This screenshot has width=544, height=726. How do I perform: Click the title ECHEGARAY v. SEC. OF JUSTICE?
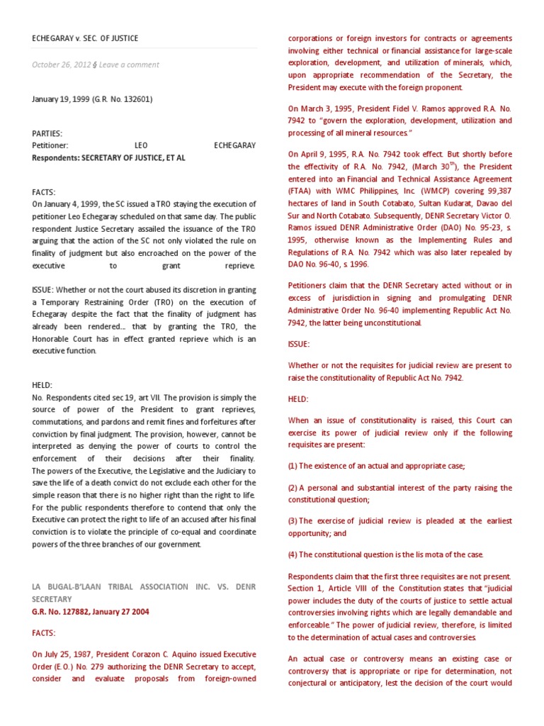[x=85, y=38]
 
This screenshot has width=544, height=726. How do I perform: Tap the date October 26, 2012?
[x=61, y=65]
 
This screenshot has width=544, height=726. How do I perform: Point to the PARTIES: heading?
[x=47, y=133]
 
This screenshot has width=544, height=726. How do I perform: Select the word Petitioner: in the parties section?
[x=50, y=145]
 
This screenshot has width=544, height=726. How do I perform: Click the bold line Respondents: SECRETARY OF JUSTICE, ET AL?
[x=108, y=158]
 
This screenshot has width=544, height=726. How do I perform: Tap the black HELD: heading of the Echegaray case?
[x=42, y=384]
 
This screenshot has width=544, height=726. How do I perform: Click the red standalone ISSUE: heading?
[x=299, y=344]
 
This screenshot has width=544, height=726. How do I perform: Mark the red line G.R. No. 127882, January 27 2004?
[x=91, y=611]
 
